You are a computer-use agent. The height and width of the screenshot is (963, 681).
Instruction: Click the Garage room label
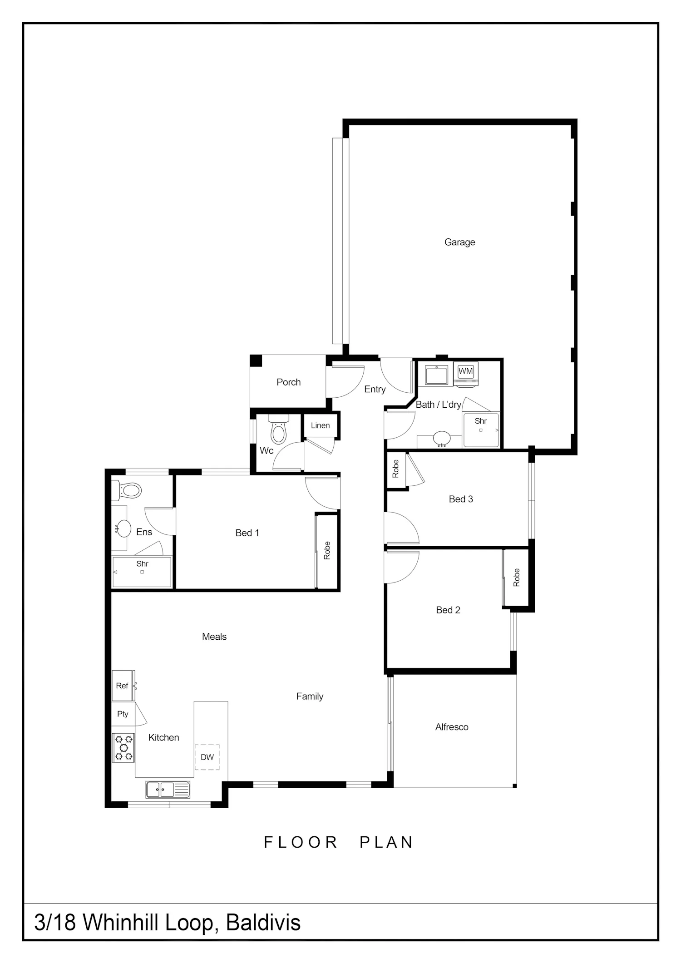tap(459, 242)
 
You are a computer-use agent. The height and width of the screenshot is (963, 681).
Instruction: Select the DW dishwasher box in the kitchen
tap(207, 757)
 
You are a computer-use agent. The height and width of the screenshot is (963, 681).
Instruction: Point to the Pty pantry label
tap(123, 714)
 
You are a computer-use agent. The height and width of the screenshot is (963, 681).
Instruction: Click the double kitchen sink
tap(168, 790)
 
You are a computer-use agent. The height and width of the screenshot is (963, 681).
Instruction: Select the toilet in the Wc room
tap(278, 430)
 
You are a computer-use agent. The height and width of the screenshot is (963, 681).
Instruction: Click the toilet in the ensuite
tap(127, 490)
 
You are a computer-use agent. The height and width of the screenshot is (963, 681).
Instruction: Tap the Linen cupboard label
tap(320, 425)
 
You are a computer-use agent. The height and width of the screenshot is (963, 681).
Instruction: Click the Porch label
tap(289, 382)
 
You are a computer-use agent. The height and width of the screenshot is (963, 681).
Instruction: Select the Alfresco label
tap(452, 727)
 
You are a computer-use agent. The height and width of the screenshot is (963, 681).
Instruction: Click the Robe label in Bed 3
tap(395, 469)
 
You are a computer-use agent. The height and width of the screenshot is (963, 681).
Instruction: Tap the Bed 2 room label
tap(448, 610)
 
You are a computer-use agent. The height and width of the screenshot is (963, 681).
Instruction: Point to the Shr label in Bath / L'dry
tap(480, 421)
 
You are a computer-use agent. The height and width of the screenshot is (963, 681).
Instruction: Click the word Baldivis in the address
tap(263, 922)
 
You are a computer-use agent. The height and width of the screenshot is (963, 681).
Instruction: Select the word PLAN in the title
tap(386, 842)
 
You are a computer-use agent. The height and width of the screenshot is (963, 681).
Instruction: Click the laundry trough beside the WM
tap(437, 375)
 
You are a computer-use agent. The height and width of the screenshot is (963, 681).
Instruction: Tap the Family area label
tap(310, 696)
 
